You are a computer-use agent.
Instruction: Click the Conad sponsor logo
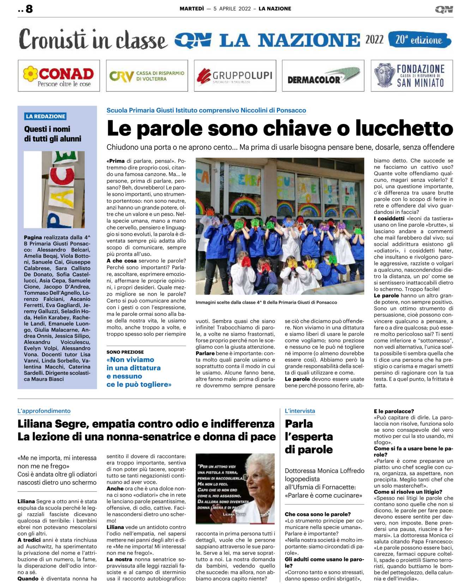[x=59, y=76]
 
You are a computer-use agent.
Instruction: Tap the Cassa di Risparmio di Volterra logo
[x=147, y=76]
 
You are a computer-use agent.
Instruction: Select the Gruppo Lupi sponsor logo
[x=235, y=76]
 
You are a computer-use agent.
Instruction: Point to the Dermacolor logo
[x=323, y=76]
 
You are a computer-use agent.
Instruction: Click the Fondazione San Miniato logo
[x=411, y=76]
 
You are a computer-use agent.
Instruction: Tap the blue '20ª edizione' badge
[x=419, y=40]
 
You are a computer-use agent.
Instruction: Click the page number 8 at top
[x=29, y=9]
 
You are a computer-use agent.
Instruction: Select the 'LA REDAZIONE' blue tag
[x=46, y=116]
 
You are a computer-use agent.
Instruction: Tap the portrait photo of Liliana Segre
[x=235, y=488]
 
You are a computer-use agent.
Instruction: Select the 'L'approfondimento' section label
[x=44, y=411]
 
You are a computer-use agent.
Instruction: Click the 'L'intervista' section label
[x=300, y=411]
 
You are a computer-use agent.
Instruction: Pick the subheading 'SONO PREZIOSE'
[x=125, y=352]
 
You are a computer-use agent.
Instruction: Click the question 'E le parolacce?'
[x=394, y=411]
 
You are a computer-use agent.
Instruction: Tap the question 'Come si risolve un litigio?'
[x=408, y=492]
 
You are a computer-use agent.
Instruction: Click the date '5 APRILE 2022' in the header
[x=232, y=9]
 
